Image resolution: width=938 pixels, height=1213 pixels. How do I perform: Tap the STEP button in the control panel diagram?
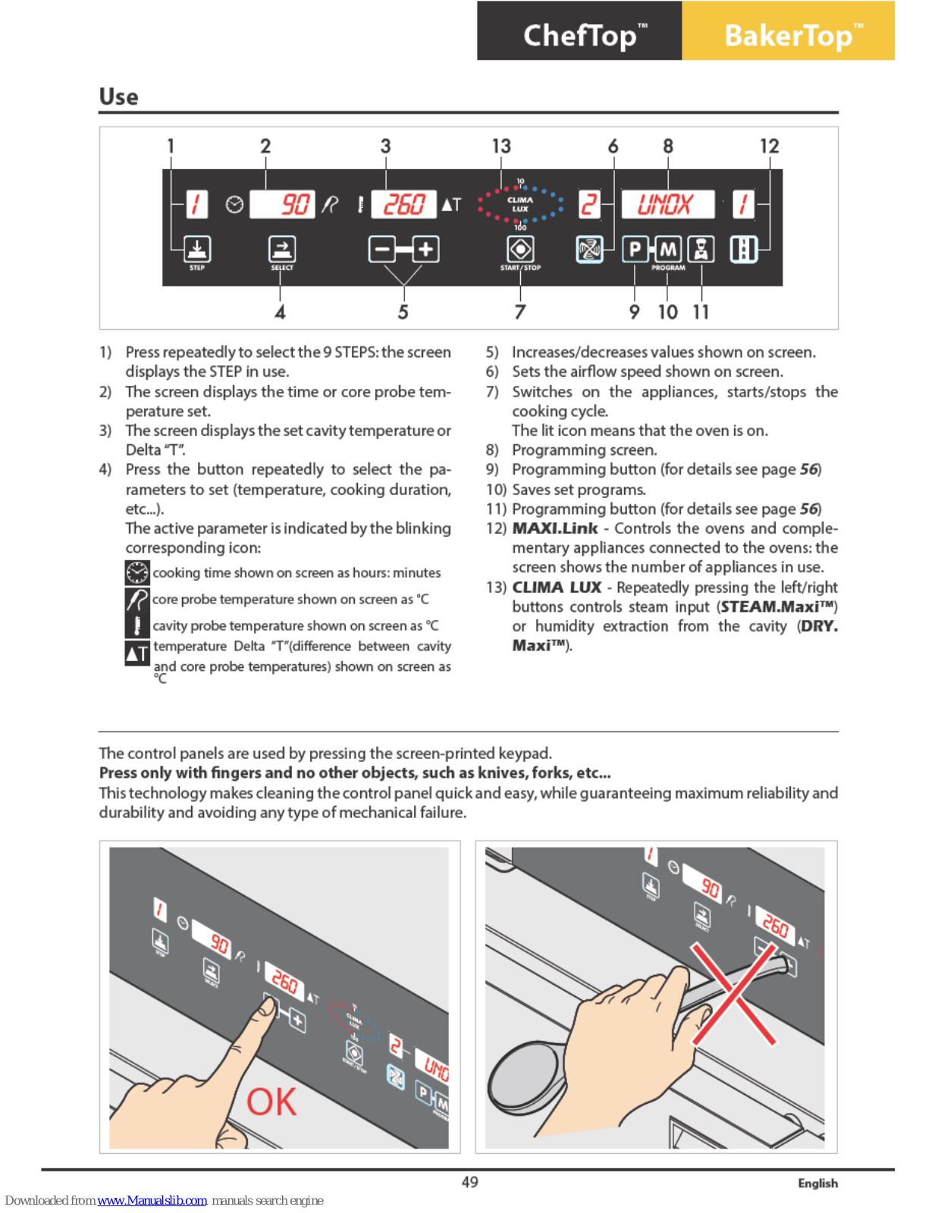point(197,249)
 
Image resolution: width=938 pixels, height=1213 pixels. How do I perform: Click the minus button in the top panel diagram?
point(382,249)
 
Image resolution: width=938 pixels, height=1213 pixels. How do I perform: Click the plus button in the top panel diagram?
point(426,249)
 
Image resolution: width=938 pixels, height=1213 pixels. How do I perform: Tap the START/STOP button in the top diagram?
point(520,249)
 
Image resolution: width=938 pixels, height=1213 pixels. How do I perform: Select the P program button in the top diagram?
point(635,249)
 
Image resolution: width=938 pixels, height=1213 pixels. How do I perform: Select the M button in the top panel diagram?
point(667,249)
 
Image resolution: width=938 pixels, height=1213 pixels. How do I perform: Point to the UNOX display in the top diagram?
point(667,204)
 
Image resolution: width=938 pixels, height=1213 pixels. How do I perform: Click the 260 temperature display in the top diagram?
point(403,204)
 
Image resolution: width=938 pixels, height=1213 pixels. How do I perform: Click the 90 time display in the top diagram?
point(282,204)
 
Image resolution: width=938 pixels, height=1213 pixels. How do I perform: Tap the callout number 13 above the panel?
point(501,146)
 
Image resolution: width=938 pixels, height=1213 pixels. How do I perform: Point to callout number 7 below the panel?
point(519,312)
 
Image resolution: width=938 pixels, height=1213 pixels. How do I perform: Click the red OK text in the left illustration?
point(271,1102)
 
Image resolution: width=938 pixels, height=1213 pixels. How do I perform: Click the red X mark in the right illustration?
point(733,992)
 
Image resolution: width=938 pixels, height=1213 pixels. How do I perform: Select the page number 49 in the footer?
point(470,1182)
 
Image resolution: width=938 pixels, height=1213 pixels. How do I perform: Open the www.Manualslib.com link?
point(152,1200)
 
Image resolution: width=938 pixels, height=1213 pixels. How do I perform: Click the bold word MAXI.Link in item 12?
point(555,528)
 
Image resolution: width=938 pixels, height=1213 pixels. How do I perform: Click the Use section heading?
point(119,96)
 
